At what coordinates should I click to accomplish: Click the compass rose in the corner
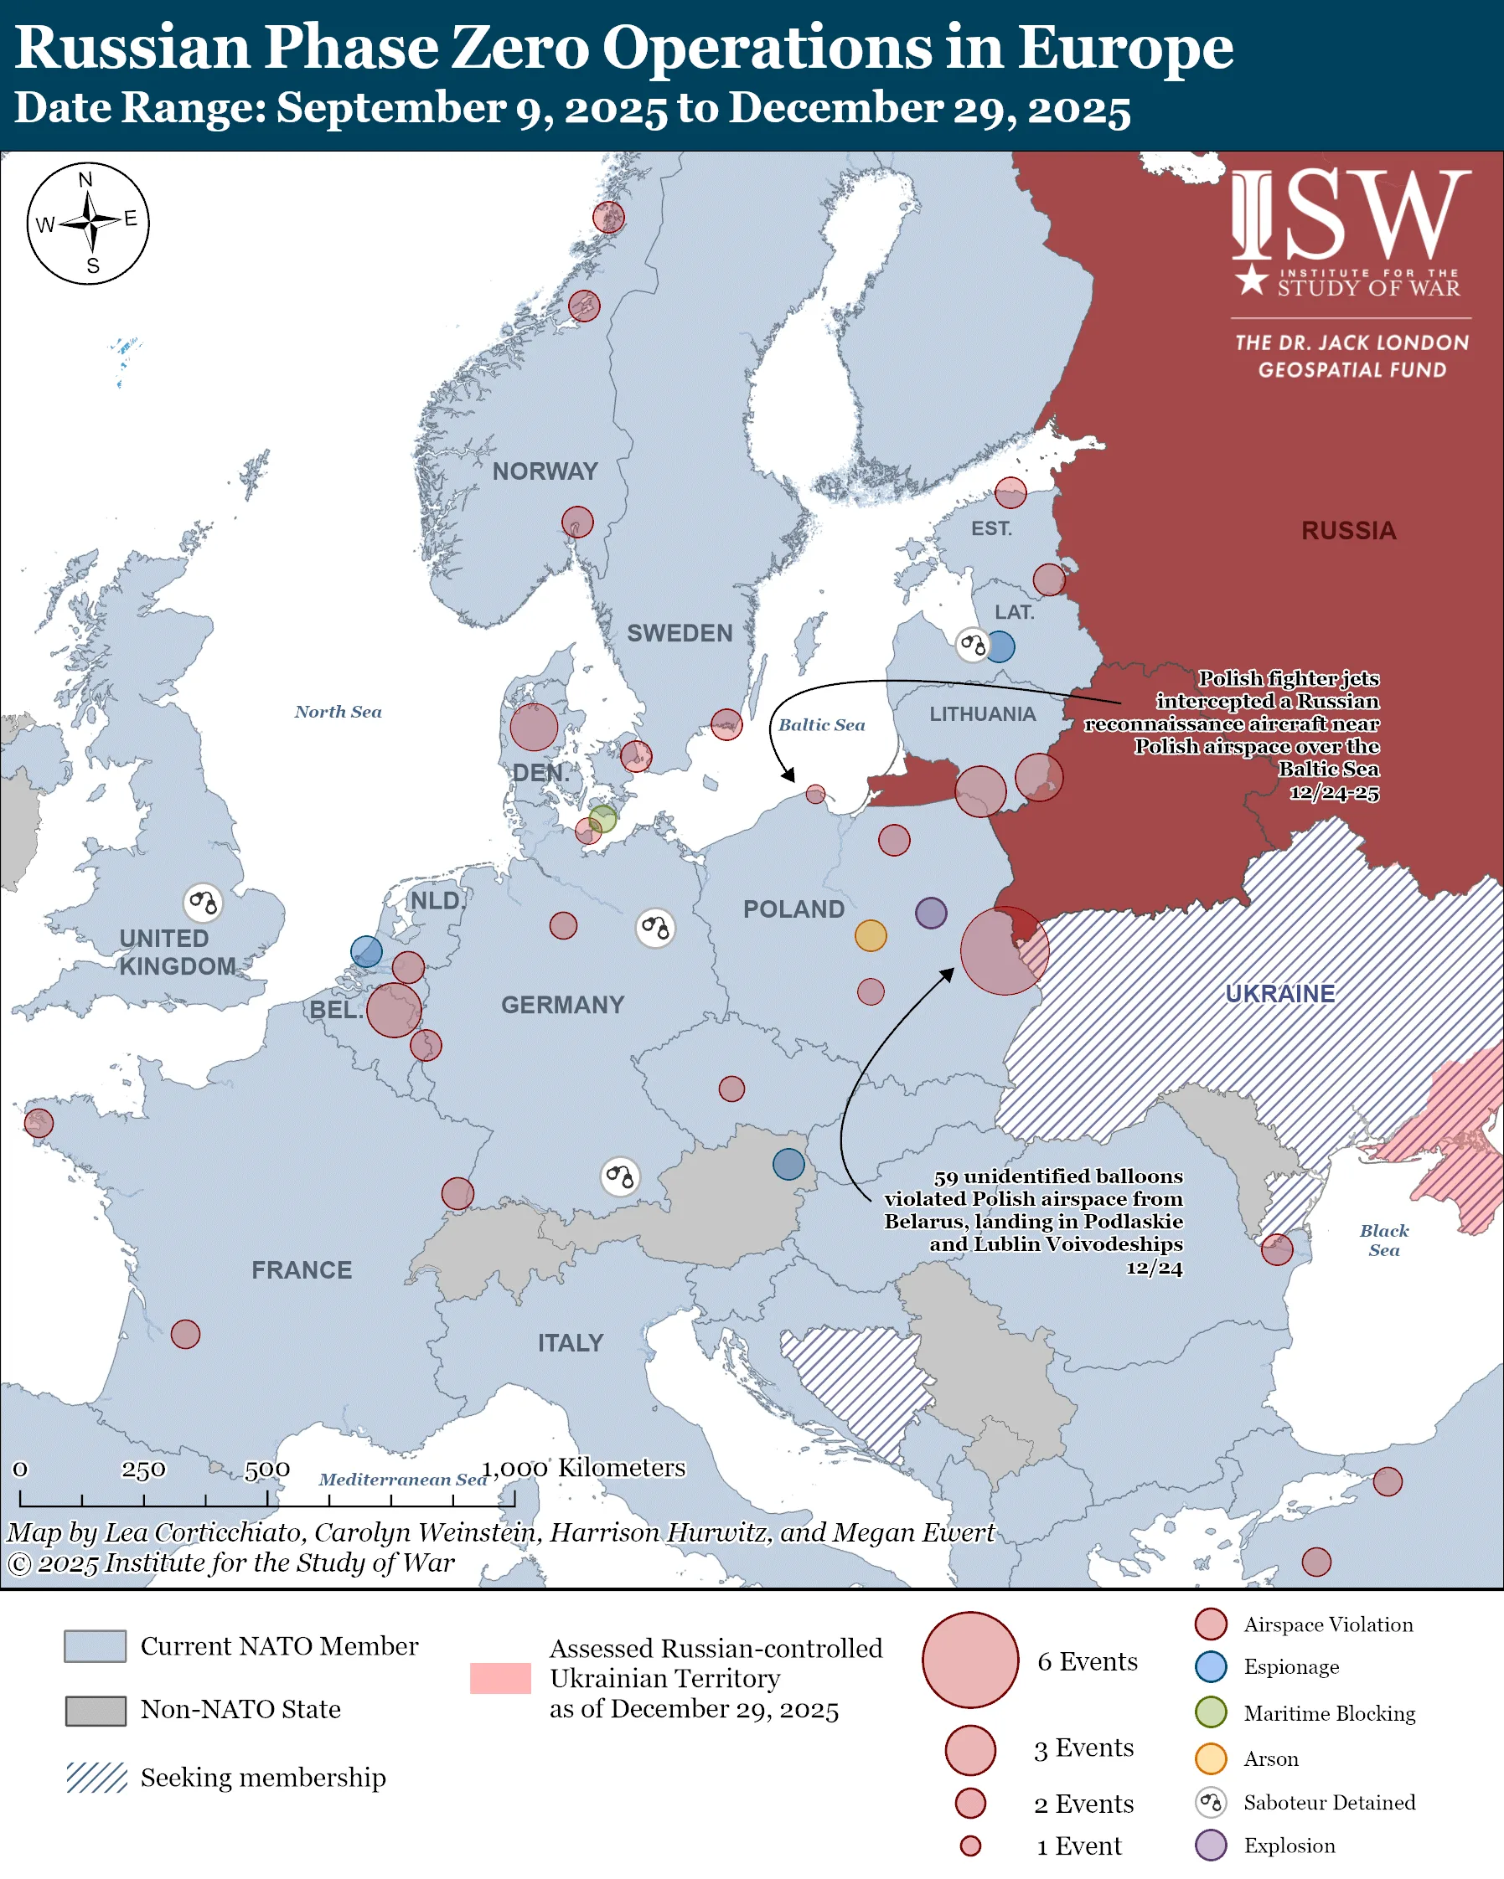(x=88, y=223)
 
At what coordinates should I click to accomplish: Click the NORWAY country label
(x=545, y=471)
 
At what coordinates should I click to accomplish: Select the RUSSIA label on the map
(x=1348, y=531)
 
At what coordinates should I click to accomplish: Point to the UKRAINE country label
(x=1280, y=994)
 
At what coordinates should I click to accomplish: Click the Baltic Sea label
(x=821, y=725)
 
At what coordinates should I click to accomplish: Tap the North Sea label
(x=338, y=712)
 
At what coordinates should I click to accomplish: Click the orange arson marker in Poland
(x=870, y=935)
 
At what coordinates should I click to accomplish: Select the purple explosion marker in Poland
(x=930, y=913)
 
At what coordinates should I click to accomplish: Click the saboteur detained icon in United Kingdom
(x=202, y=902)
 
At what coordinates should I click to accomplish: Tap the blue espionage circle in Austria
(x=788, y=1163)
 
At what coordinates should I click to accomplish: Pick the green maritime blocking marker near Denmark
(x=602, y=819)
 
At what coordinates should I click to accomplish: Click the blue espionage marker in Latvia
(x=1000, y=646)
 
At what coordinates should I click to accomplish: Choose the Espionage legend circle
(x=1211, y=1666)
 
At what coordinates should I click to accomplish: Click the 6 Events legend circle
(x=969, y=1660)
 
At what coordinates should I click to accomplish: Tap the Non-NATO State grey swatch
(x=96, y=1710)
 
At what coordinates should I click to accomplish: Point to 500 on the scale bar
(x=266, y=1470)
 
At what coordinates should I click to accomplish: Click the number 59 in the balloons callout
(x=946, y=1177)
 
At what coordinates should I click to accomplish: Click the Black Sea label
(x=1383, y=1240)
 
